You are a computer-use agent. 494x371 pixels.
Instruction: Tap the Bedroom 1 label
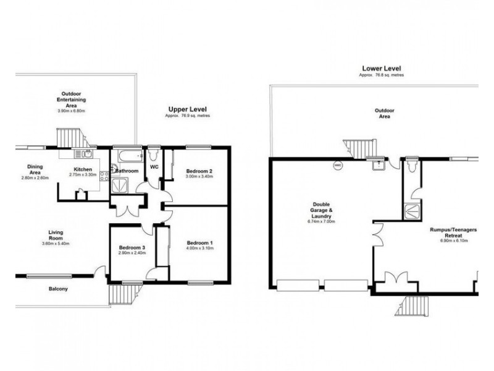click(x=199, y=243)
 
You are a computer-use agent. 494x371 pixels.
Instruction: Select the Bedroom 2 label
click(x=199, y=171)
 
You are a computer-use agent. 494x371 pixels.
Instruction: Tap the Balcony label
click(x=59, y=289)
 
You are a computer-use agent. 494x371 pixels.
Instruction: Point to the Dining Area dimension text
click(x=35, y=178)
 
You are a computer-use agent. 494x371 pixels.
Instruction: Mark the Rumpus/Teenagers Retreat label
click(x=454, y=232)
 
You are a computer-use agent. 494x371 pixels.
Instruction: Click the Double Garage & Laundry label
click(x=321, y=210)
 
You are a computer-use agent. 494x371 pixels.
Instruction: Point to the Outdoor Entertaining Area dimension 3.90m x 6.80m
click(x=72, y=111)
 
